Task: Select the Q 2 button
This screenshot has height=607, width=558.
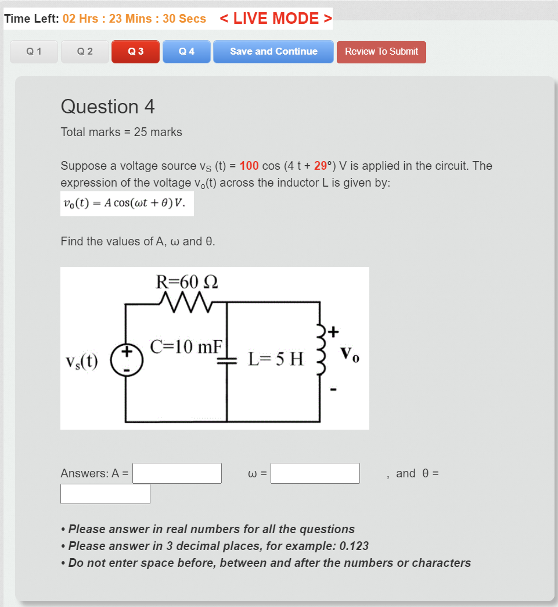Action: point(85,51)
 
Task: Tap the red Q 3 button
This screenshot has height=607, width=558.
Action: point(135,51)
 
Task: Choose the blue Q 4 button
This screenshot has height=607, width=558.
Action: point(186,51)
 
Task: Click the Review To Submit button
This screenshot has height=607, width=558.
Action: point(381,52)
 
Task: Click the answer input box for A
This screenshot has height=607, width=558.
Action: point(177,473)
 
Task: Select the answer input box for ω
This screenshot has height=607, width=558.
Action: point(315,473)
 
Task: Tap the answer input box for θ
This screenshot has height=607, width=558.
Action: point(105,494)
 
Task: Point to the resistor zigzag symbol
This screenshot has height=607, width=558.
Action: point(186,302)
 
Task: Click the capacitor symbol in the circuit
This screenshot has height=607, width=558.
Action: point(225,360)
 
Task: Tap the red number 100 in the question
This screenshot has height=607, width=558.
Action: point(249,166)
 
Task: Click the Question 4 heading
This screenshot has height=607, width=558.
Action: point(107,106)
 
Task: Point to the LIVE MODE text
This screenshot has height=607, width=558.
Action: point(276,19)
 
